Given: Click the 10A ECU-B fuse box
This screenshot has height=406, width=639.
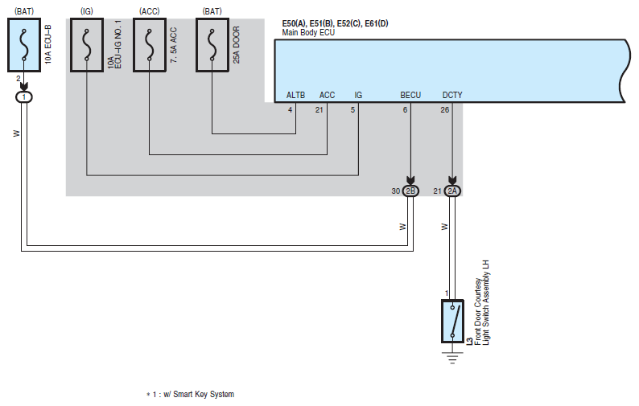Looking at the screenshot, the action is pyautogui.click(x=24, y=45).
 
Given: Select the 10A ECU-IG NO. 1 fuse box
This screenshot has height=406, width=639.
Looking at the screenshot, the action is pyautogui.click(x=87, y=45).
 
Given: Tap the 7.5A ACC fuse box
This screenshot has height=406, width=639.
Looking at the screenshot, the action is pyautogui.click(x=150, y=45).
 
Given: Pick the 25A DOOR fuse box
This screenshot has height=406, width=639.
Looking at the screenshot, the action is pyautogui.click(x=212, y=45).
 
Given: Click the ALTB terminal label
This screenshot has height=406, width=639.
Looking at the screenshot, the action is pyautogui.click(x=295, y=95).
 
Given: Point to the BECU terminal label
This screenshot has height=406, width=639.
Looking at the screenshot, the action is pyautogui.click(x=410, y=95).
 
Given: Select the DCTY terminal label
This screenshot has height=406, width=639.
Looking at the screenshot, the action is pyautogui.click(x=452, y=95).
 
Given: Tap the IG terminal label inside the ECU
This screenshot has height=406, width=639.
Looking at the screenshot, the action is pyautogui.click(x=358, y=95).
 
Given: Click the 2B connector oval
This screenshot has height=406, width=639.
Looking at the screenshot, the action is pyautogui.click(x=410, y=191).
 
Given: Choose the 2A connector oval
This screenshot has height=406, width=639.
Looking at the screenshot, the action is pyautogui.click(x=452, y=191).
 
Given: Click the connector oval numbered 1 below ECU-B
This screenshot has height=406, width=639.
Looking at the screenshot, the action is pyautogui.click(x=24, y=97).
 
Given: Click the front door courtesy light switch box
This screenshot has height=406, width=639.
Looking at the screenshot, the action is pyautogui.click(x=452, y=322).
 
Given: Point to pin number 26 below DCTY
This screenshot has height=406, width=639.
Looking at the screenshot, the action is pyautogui.click(x=444, y=110).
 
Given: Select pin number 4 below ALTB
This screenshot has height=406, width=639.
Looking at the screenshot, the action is pyautogui.click(x=291, y=110).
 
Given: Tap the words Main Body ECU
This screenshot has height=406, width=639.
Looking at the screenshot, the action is pyautogui.click(x=308, y=33).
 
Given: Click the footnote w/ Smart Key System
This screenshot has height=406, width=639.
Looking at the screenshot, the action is pyautogui.click(x=199, y=394).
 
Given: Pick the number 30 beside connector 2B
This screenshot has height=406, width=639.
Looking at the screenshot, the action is pyautogui.click(x=396, y=191).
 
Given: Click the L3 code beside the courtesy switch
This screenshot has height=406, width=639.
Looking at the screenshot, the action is pyautogui.click(x=469, y=341).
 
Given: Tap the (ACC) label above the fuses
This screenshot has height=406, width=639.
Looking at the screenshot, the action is pyautogui.click(x=150, y=11).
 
